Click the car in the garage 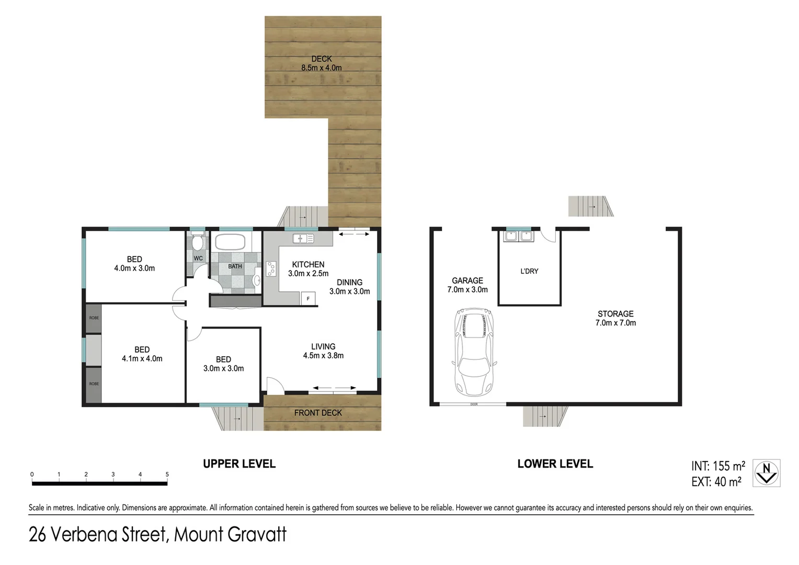coord(474,352)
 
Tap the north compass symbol coord(766,473)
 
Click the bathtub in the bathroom coord(230,242)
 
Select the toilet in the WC coord(198,243)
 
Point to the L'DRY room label coord(529,271)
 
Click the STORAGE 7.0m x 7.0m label coord(615,318)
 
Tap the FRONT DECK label coord(318,413)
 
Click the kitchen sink coord(303,239)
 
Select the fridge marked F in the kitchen coord(308,299)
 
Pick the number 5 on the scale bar coord(167,474)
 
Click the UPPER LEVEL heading coord(239,464)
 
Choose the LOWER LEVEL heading coord(555,464)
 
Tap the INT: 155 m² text coord(718,466)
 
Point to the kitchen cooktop coord(271,269)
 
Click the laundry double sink coord(518,236)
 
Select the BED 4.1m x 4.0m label coord(142,354)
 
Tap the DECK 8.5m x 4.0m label coord(322,63)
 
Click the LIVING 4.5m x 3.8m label coord(323,351)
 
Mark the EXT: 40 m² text coord(716,482)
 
